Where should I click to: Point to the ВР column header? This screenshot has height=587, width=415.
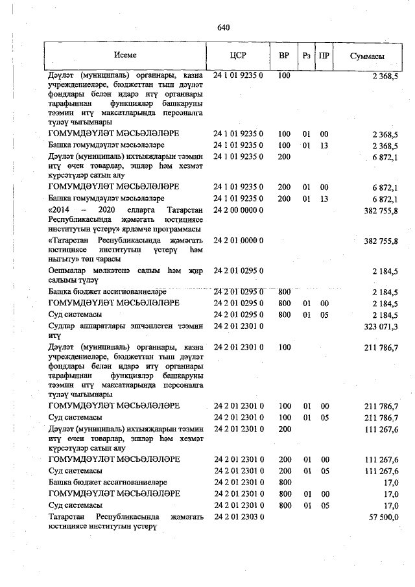(283, 56)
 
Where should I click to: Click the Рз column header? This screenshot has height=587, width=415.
(306, 56)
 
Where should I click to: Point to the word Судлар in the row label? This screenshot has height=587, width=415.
(62, 326)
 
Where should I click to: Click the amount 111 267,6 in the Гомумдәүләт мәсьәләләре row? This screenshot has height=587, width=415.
(381, 459)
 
